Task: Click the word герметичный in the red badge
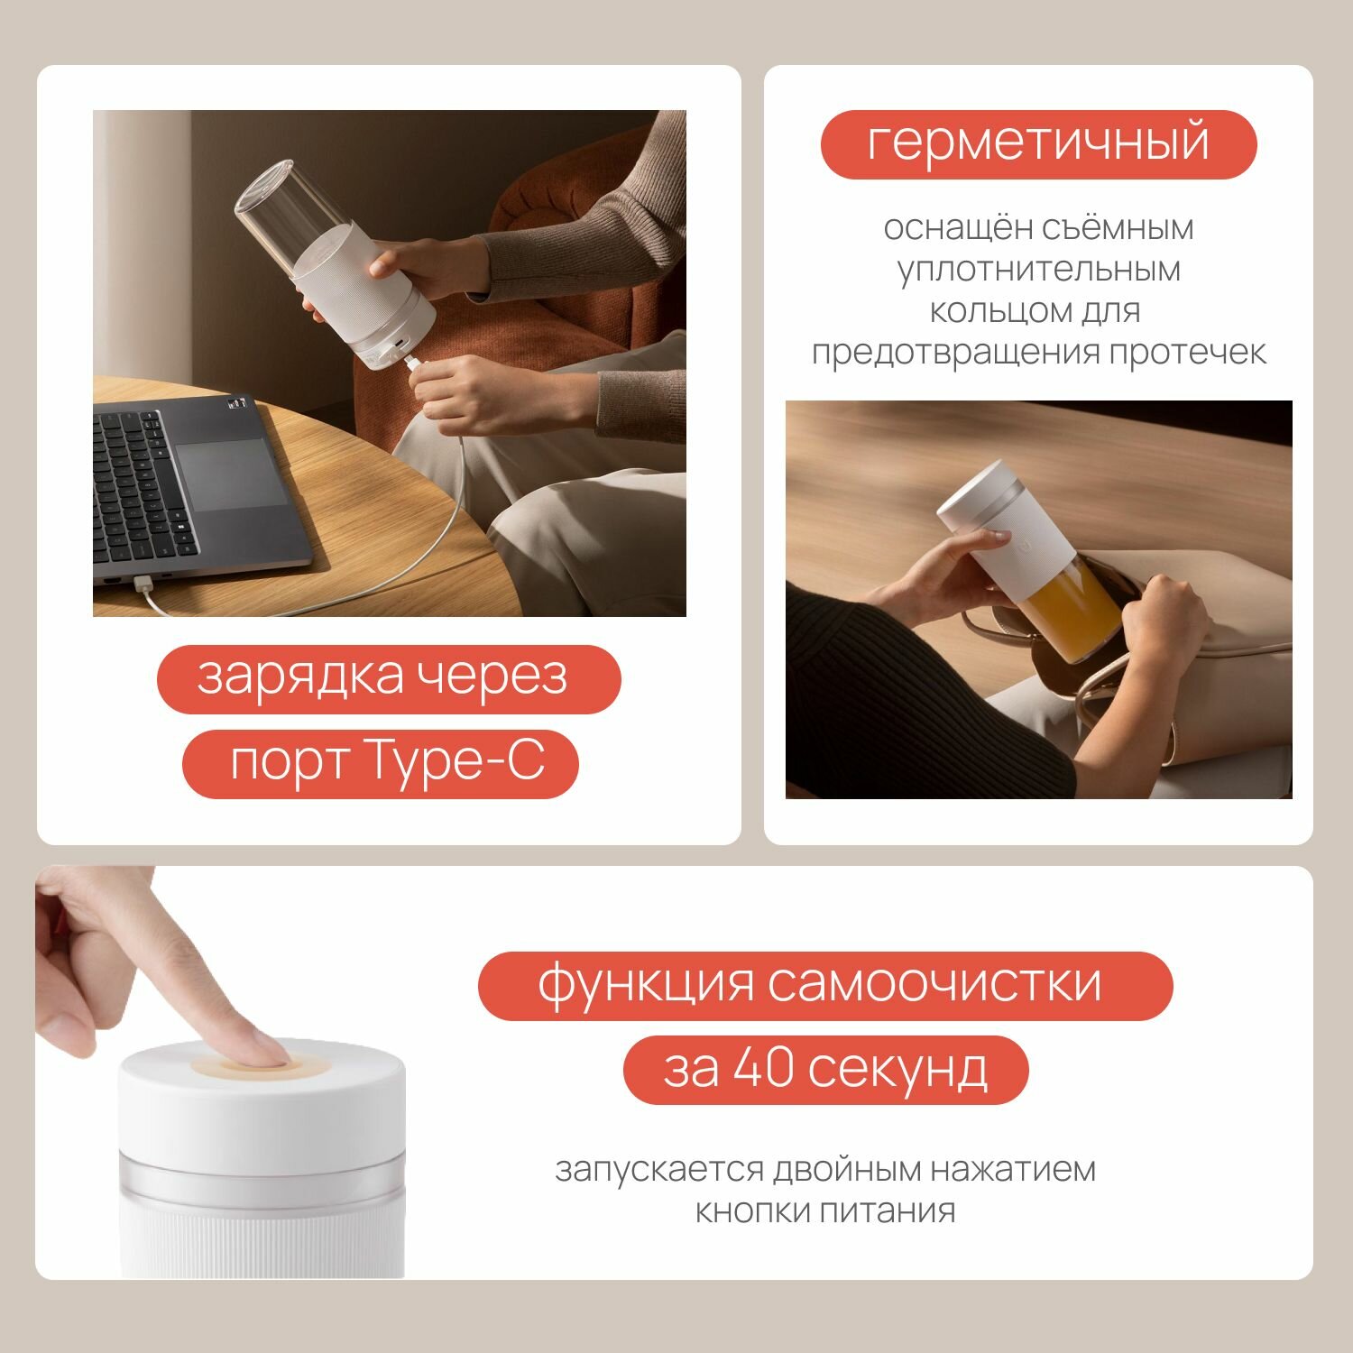coord(1038,144)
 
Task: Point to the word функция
coord(646,985)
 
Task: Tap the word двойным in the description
coord(848,1170)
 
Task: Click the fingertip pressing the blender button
coord(262,1051)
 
